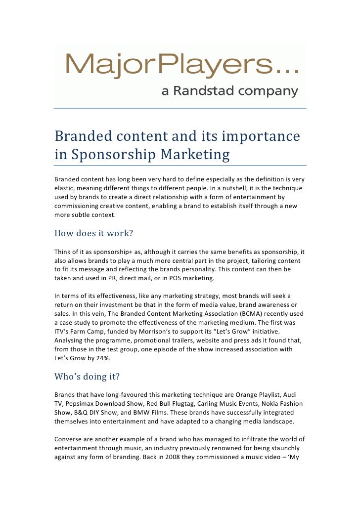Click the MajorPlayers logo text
point(181,67)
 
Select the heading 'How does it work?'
point(93,233)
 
